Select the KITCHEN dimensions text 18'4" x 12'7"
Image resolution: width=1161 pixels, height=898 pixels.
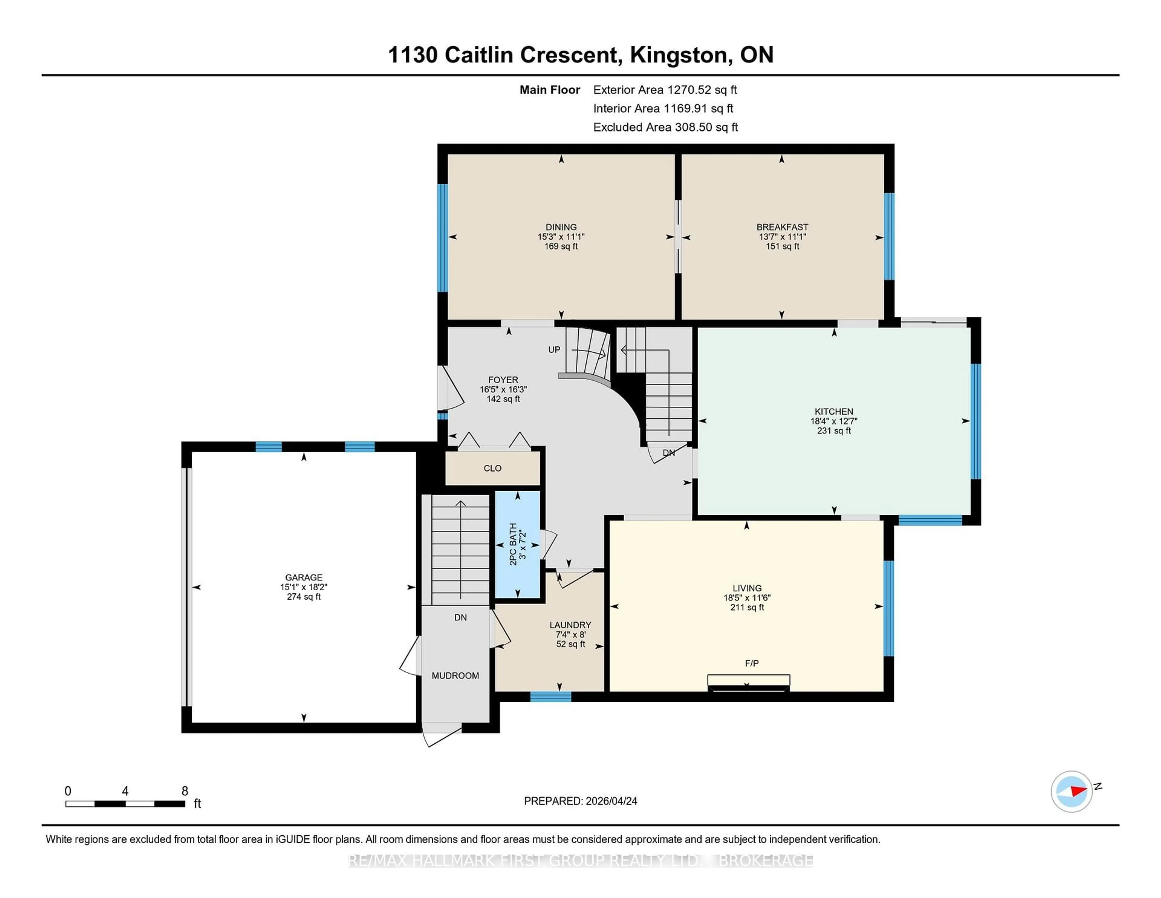point(834,421)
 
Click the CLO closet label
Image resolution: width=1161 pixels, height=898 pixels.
point(492,468)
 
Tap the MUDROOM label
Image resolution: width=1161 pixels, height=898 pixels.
point(455,676)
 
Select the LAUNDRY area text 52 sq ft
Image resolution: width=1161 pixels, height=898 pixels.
point(571,644)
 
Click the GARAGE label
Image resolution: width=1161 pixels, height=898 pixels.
point(304,577)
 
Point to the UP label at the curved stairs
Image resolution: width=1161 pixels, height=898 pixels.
point(554,349)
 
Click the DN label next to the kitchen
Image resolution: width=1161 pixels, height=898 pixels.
point(669,453)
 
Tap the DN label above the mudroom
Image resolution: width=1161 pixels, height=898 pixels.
point(460,618)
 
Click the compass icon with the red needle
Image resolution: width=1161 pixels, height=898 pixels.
point(1071,791)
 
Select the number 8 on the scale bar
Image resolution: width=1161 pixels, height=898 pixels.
point(185,791)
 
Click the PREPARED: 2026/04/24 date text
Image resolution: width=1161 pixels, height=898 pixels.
point(580,801)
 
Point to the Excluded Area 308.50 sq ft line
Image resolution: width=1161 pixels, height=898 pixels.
point(665,127)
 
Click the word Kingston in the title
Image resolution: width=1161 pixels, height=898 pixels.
point(678,55)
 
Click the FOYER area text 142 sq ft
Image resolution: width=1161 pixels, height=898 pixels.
point(503,399)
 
